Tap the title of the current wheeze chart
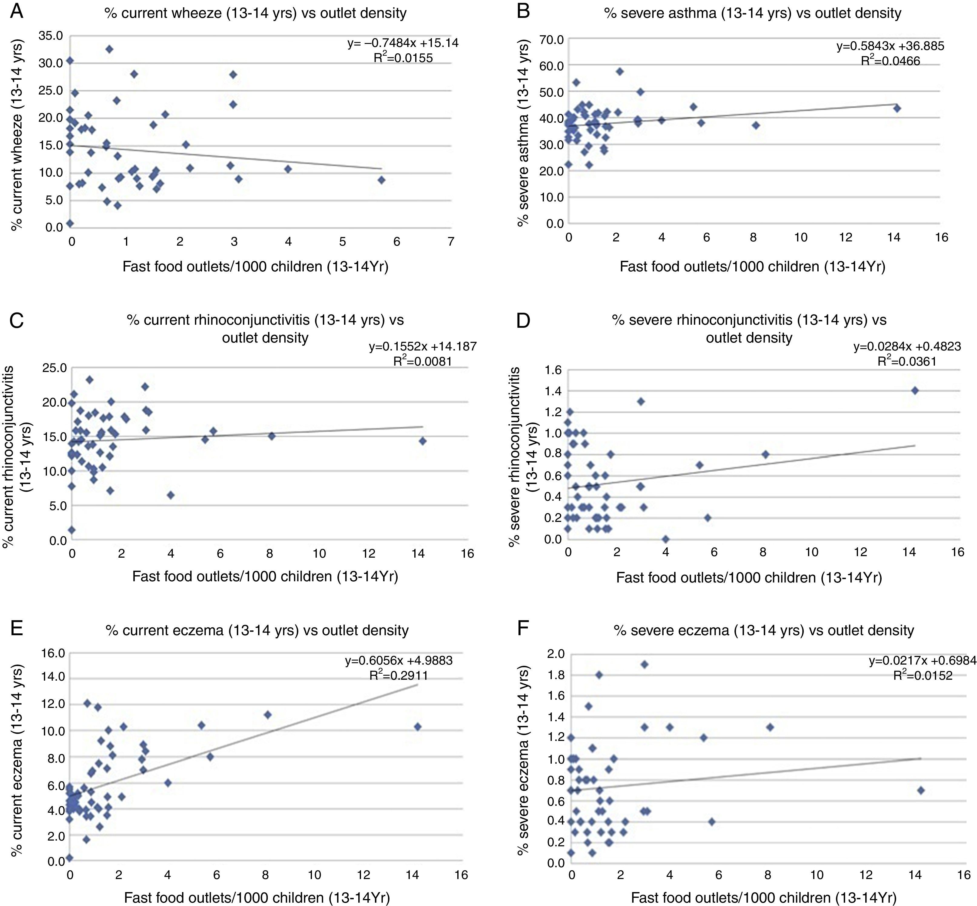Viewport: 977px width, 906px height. click(255, 13)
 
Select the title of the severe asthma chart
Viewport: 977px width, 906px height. click(753, 13)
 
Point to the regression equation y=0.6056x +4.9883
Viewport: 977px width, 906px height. click(399, 660)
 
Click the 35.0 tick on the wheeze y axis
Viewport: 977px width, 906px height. click(51, 36)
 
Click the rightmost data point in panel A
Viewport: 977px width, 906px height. click(381, 180)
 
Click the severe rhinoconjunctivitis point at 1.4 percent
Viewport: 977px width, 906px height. click(914, 390)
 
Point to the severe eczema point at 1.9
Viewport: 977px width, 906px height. click(645, 664)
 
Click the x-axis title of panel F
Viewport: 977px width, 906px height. click(763, 898)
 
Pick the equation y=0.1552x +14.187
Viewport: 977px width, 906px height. click(422, 347)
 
